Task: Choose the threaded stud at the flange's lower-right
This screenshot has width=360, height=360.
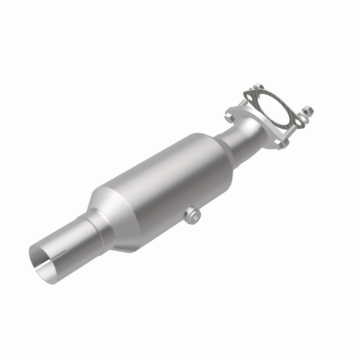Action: coord(290,130)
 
